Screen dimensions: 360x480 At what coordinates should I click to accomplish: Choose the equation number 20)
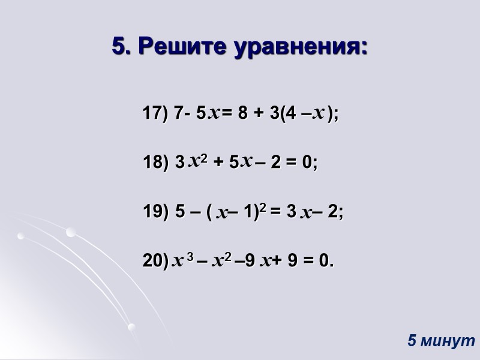tap(155, 260)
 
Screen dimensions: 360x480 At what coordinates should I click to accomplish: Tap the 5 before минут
tap(412, 341)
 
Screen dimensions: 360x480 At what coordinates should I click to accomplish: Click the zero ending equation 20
tap(325, 260)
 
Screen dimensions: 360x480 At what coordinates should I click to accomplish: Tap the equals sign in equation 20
tap(308, 260)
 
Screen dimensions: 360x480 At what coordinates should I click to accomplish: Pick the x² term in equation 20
tap(221, 260)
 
